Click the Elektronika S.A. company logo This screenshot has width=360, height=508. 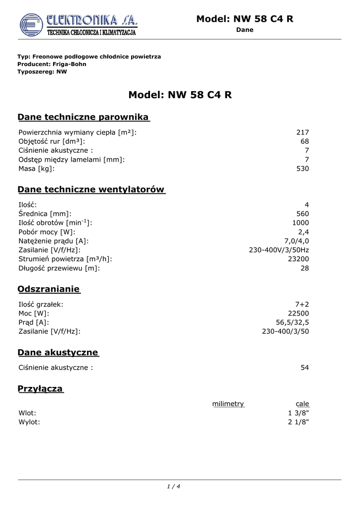(x=78, y=25)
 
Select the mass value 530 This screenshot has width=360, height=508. (x=302, y=169)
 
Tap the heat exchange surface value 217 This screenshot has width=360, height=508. (x=302, y=132)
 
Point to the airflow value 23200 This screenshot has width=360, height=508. (x=298, y=259)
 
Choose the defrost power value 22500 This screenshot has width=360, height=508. (x=298, y=314)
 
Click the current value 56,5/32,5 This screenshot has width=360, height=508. (x=292, y=322)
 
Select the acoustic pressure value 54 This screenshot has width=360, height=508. (x=304, y=368)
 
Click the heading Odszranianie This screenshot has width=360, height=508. (x=49, y=289)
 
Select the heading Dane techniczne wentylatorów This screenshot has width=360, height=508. (x=91, y=190)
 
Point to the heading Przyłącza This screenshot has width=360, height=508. (x=40, y=389)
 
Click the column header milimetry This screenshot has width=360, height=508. (x=228, y=404)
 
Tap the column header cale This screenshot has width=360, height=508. (x=302, y=404)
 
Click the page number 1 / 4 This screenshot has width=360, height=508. (x=173, y=486)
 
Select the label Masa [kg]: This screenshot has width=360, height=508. (x=37, y=169)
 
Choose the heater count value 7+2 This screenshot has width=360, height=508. (x=302, y=305)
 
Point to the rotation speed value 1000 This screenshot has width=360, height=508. (x=300, y=223)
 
